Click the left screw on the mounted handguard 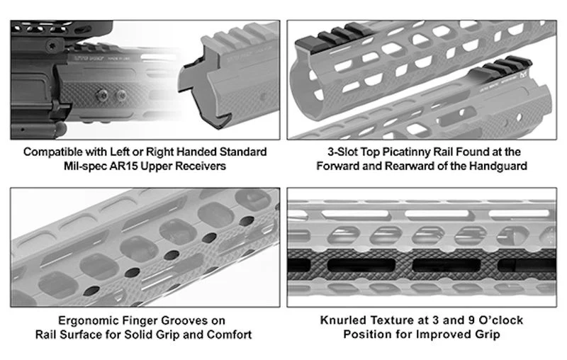(x=102, y=96)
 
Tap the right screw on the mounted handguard (x=120, y=96)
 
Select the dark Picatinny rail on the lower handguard (x=501, y=69)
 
